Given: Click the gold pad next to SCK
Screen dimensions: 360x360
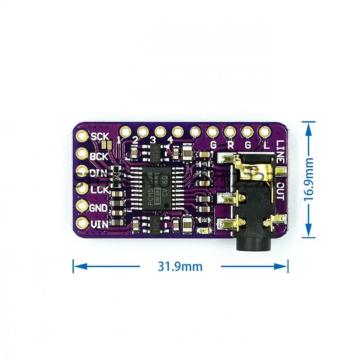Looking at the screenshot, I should click(x=83, y=135).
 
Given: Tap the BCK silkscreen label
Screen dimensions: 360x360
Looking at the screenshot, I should click(x=99, y=157).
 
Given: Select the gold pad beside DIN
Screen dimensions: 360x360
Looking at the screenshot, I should click(x=82, y=172).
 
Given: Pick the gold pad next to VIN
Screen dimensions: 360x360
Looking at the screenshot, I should click(x=83, y=223).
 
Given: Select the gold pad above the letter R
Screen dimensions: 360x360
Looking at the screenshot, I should click(x=229, y=132).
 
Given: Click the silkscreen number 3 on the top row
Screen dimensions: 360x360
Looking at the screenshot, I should click(x=153, y=141).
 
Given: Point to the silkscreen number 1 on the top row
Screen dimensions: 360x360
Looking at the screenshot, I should click(x=119, y=140).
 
